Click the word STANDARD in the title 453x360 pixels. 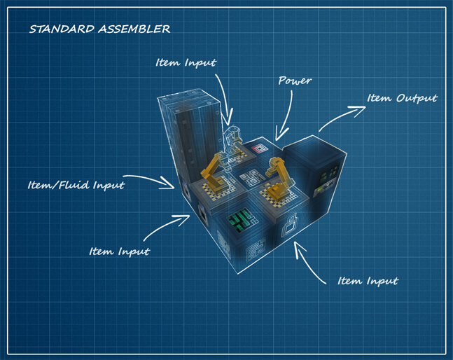click(60, 29)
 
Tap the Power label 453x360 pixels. click(295, 81)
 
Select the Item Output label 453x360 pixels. click(402, 98)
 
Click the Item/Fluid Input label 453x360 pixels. click(76, 186)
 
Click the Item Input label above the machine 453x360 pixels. click(186, 62)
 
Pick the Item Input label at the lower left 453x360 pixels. click(119, 250)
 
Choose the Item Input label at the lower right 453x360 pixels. click(368, 281)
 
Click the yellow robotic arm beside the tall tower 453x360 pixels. click(214, 168)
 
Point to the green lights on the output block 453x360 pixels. click(325, 184)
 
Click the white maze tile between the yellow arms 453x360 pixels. click(250, 179)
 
